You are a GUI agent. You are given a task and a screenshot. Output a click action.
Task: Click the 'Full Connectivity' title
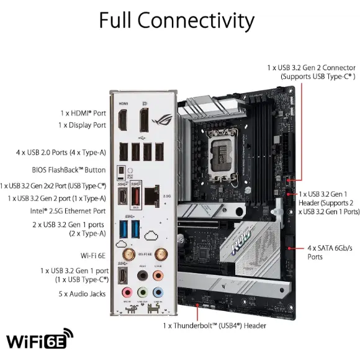[176, 20]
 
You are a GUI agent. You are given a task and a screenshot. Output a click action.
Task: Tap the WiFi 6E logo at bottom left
[39, 340]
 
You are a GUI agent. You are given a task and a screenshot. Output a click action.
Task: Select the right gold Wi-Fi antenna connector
[160, 254]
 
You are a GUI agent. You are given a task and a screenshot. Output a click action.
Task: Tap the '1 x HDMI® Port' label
[83, 114]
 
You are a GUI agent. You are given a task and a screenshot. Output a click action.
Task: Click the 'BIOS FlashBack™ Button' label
[68, 169]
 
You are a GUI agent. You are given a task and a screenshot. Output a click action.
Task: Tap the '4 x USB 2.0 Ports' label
[60, 152]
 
